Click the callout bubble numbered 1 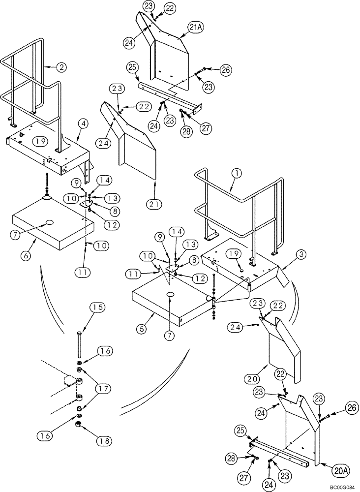click(237, 173)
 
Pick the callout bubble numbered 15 click(97, 308)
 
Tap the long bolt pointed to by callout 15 click(79, 347)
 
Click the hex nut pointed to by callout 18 click(78, 424)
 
